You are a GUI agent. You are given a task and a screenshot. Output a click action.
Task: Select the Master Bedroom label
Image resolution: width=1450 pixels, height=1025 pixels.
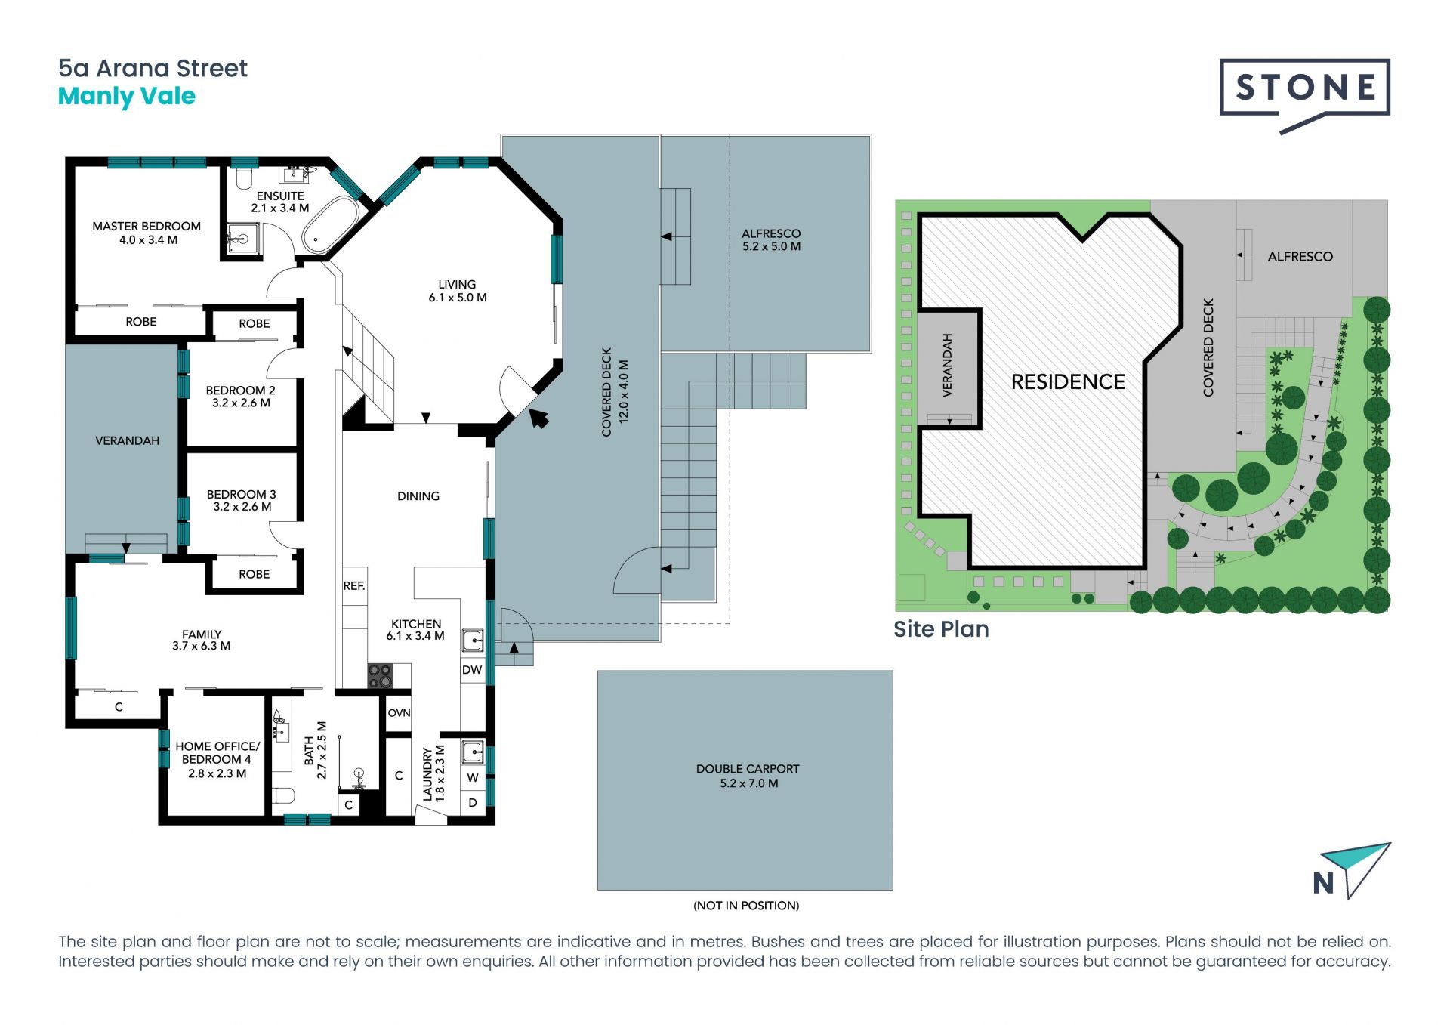coord(147,233)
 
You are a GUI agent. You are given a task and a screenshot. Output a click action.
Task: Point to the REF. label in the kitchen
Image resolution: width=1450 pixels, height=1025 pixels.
coord(354,585)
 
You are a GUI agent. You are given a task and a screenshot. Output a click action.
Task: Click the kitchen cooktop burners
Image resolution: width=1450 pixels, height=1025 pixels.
coord(380,675)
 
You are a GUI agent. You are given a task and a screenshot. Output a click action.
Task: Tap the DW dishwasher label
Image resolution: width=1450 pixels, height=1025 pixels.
coord(472,670)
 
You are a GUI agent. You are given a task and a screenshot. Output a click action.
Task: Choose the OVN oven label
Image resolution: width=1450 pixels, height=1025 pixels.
coord(399,712)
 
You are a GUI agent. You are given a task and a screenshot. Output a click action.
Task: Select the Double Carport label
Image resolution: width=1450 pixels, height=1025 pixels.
coord(748,776)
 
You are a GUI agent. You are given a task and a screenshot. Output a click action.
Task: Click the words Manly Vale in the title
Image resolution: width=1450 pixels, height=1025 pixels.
coord(127,97)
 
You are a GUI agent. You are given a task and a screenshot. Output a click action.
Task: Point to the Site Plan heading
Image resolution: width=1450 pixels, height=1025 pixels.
coord(941,628)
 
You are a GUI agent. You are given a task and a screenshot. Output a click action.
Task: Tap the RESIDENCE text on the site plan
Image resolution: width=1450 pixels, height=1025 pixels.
coord(1068,382)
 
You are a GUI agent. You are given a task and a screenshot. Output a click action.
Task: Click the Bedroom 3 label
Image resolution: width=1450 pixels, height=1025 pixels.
coord(242,500)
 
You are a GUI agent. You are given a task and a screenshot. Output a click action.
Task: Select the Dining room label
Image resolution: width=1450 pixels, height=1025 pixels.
coord(418,496)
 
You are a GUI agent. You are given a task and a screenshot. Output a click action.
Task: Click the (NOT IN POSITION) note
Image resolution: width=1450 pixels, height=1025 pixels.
coord(746,906)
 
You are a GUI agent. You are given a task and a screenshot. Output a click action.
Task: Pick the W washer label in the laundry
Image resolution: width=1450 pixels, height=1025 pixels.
coord(473,777)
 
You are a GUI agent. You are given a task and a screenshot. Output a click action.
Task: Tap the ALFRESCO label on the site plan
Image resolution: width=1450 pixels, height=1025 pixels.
coord(1300,257)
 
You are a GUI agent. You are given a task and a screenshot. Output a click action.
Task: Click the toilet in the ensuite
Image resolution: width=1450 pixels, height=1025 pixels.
coord(243,178)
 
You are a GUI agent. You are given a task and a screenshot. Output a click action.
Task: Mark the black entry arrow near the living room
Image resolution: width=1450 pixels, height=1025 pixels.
coord(538,417)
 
